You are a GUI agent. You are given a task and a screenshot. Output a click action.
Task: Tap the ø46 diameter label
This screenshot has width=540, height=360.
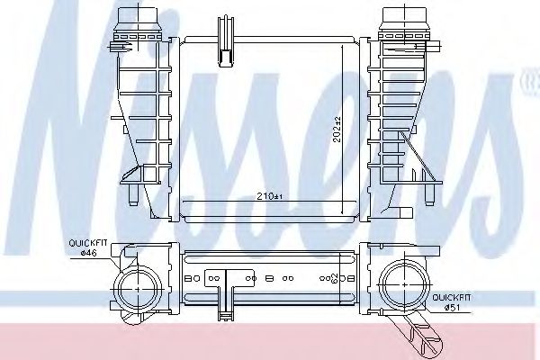87,253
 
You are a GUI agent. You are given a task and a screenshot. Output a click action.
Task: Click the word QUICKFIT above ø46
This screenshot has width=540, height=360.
87,243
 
